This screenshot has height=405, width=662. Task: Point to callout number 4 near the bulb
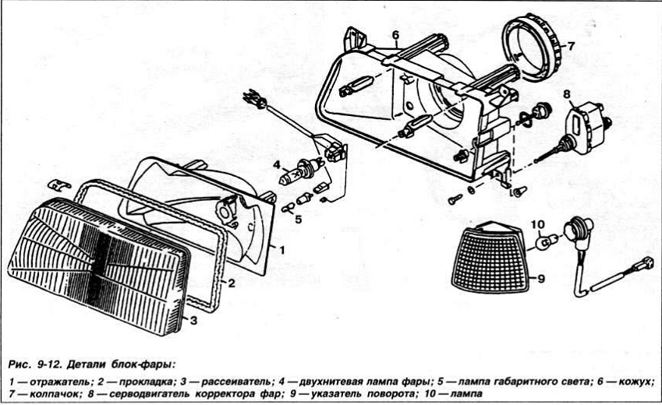pyautogui.click(x=276, y=164)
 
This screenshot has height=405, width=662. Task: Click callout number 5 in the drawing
pyautogui.click(x=297, y=217)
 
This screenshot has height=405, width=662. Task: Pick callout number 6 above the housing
pyautogui.click(x=395, y=35)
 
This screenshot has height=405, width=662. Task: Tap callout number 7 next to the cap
pyautogui.click(x=570, y=46)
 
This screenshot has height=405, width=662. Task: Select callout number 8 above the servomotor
pyautogui.click(x=568, y=95)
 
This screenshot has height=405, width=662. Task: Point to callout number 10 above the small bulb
pyautogui.click(x=537, y=225)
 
